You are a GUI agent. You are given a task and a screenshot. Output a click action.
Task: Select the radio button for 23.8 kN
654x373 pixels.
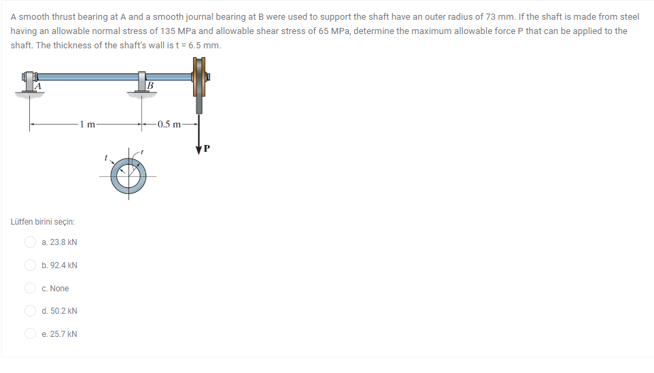click(x=31, y=242)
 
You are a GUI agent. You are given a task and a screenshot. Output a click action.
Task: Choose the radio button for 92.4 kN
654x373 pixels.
click(x=31, y=265)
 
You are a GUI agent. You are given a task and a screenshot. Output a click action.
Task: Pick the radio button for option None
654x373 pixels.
click(x=31, y=288)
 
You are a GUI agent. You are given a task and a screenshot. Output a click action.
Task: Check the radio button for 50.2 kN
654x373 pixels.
click(x=31, y=311)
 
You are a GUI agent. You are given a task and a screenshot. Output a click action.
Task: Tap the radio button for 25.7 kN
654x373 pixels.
click(x=31, y=334)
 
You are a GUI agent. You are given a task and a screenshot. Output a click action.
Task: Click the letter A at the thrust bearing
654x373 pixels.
click(x=38, y=86)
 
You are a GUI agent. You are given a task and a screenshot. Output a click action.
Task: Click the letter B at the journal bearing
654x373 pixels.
click(x=150, y=86)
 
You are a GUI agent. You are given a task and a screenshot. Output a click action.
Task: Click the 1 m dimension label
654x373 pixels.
click(x=88, y=124)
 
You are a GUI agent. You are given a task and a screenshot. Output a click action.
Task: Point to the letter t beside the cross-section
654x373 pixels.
click(x=105, y=157)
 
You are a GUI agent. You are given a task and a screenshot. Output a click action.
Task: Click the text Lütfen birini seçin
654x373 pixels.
click(x=43, y=222)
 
